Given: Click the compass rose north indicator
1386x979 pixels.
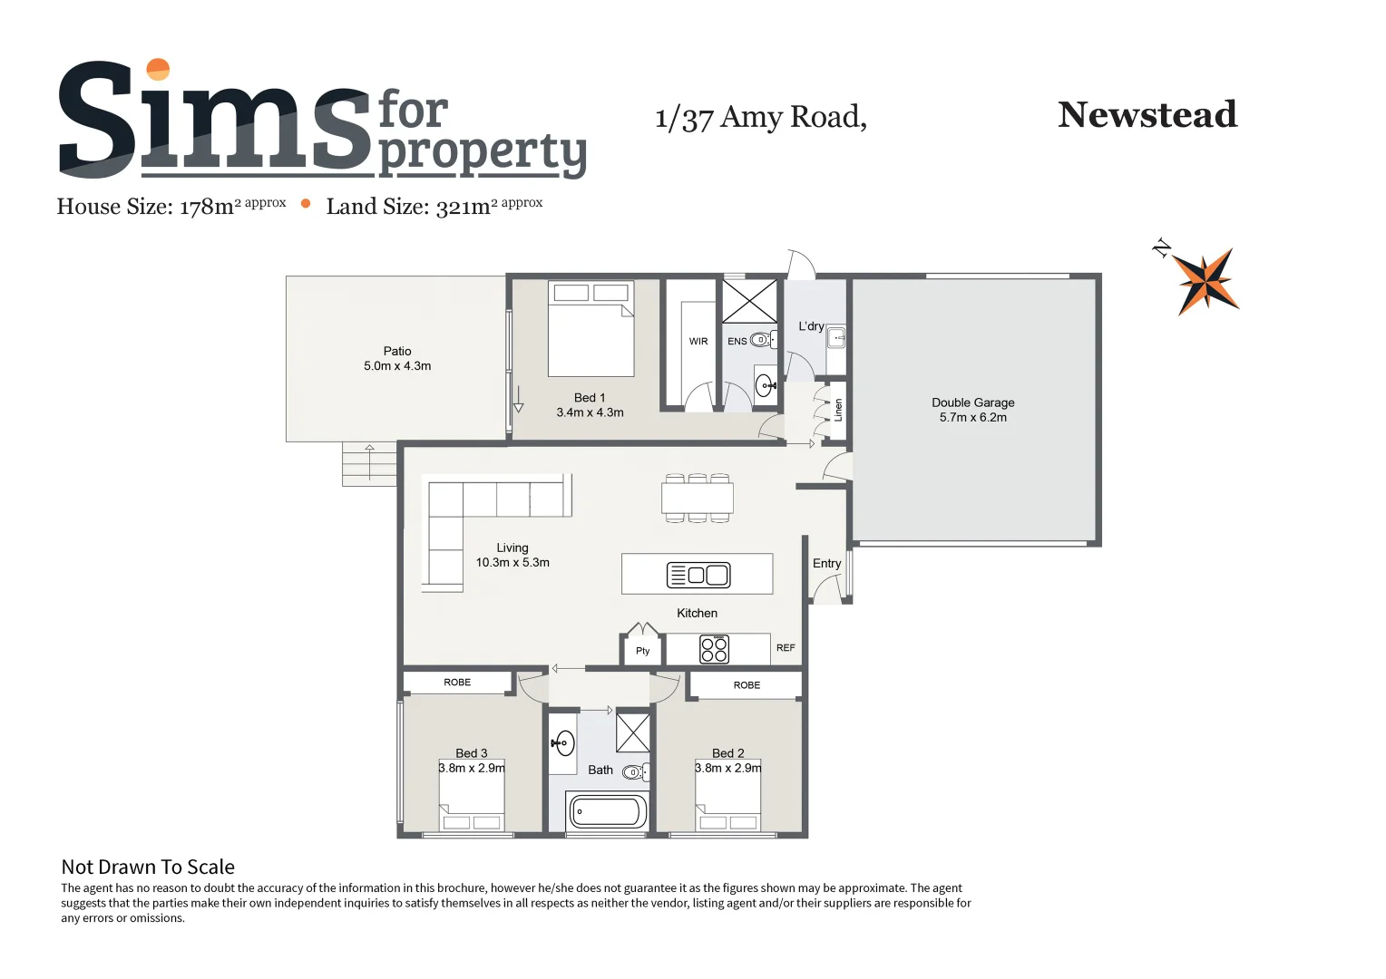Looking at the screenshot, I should click(x=1205, y=280).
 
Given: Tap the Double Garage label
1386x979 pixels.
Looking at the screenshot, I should click(x=972, y=410).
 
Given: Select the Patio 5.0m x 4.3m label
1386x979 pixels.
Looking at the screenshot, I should click(x=397, y=358).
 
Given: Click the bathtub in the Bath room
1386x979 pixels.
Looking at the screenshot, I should click(x=607, y=810).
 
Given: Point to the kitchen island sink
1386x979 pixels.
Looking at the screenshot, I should click(x=698, y=575).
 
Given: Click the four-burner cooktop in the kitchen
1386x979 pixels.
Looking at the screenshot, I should click(x=714, y=649).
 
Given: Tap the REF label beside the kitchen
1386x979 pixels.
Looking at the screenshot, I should click(x=786, y=648).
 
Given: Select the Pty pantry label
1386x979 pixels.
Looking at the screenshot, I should click(x=642, y=651).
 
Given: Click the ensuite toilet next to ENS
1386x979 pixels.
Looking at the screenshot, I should click(x=762, y=341).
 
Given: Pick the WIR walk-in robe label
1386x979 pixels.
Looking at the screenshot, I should click(x=698, y=342).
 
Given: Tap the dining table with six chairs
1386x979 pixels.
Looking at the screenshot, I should click(x=697, y=498).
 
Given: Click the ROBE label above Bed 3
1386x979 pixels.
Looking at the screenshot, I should click(x=457, y=683).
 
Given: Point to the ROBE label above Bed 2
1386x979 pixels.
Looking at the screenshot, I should click(x=747, y=685).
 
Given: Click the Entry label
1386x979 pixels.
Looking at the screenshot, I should click(x=826, y=564).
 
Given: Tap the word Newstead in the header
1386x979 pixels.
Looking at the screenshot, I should click(x=1147, y=115).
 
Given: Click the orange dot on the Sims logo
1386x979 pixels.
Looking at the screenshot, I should click(x=158, y=70).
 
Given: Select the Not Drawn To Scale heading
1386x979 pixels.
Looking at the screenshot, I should click(x=148, y=868).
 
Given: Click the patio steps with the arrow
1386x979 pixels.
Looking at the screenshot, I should click(x=369, y=463).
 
